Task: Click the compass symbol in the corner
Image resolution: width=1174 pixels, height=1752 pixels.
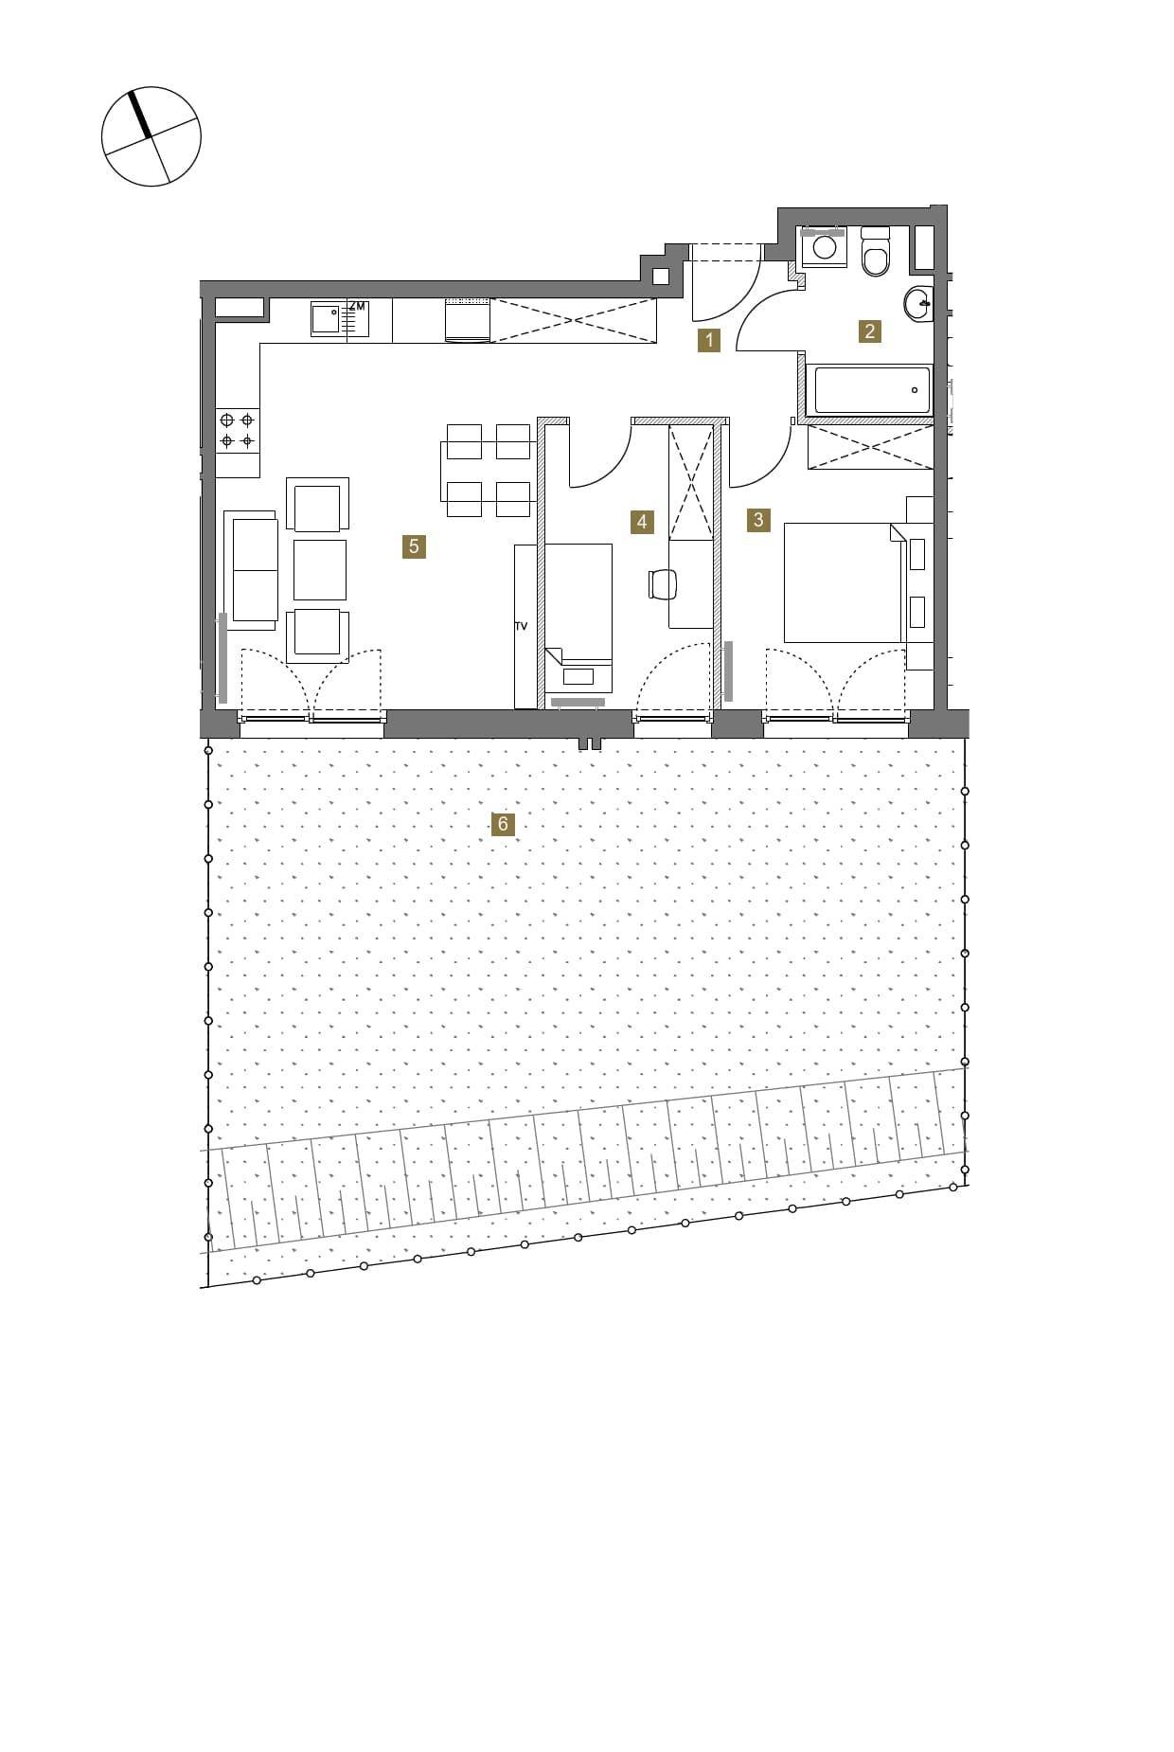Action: [x=151, y=136]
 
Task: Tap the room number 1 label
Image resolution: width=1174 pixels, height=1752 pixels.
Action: [x=708, y=340]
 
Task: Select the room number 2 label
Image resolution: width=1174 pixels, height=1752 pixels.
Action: [x=869, y=331]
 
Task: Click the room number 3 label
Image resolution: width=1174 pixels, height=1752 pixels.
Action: [x=757, y=519]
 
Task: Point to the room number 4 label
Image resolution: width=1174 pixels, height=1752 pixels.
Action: [x=642, y=522]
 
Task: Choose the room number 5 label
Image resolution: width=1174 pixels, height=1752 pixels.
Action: [x=414, y=546]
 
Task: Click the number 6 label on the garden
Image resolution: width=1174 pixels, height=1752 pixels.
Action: [x=503, y=824]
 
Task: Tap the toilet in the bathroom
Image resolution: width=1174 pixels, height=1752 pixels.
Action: [x=876, y=252]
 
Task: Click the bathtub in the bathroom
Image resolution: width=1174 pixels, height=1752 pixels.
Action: [x=872, y=389]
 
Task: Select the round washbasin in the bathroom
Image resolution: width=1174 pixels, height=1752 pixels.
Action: [x=919, y=304]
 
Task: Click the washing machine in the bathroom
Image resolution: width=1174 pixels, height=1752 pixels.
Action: [x=824, y=246]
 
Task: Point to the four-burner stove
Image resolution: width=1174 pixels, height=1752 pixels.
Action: [x=237, y=430]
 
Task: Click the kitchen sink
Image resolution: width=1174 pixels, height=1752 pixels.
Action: [x=327, y=319]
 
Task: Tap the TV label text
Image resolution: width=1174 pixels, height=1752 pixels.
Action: [x=521, y=627]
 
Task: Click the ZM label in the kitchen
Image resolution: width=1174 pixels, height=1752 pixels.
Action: [x=357, y=307]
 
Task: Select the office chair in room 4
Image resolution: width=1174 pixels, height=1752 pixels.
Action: [x=664, y=584]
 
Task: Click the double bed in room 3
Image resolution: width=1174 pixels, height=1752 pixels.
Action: [x=844, y=582]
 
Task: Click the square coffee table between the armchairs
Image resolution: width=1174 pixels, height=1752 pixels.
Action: [x=320, y=570]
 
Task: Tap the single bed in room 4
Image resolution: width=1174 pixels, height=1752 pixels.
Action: [x=578, y=617]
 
